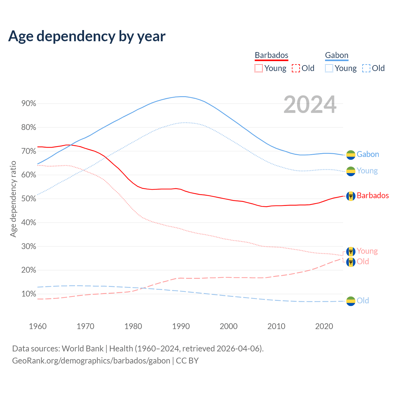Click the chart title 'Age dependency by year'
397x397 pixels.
[x=87, y=36]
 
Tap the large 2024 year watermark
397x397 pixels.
[x=310, y=105]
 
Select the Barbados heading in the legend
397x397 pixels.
[x=271, y=55]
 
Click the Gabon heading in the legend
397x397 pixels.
[x=337, y=55]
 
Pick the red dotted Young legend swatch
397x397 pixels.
[x=259, y=68]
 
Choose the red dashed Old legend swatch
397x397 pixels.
[x=296, y=68]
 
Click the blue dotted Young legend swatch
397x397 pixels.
[x=329, y=68]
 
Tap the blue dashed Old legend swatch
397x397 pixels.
[x=366, y=68]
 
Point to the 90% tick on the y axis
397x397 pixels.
[x=29, y=104]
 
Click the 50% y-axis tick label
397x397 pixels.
[x=29, y=199]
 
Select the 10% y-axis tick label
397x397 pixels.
[x=29, y=294]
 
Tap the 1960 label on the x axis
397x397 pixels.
[x=38, y=326]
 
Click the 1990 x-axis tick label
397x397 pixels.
[x=181, y=326]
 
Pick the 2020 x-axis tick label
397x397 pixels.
[x=324, y=326]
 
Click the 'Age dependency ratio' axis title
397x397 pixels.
[x=13, y=199]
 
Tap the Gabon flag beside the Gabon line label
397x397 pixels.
[x=351, y=155]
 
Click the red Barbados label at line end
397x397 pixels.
[x=372, y=196]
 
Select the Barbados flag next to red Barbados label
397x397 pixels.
[x=351, y=196]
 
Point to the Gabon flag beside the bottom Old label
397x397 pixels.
[x=351, y=301]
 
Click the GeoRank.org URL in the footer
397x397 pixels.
[x=91, y=361]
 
